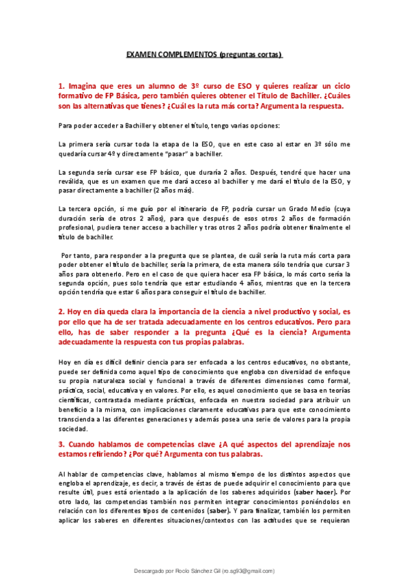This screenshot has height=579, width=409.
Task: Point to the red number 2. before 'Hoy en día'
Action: (x=61, y=310)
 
